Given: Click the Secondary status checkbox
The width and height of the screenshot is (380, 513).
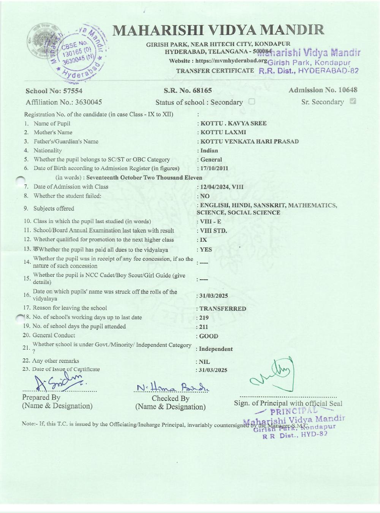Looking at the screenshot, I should (x=251, y=102).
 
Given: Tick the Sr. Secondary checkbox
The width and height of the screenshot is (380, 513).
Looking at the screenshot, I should (x=353, y=101).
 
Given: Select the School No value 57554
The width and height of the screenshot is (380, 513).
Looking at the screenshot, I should (x=73, y=91).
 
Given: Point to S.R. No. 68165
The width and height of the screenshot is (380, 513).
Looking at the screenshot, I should (x=188, y=90).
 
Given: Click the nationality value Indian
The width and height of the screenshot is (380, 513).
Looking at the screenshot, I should (x=209, y=150).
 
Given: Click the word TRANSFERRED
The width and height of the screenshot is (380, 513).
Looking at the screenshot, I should (x=223, y=309).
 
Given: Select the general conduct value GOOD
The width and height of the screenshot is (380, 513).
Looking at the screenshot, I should (x=209, y=336).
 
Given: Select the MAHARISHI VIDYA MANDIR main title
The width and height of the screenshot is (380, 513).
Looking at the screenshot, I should (x=219, y=30).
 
